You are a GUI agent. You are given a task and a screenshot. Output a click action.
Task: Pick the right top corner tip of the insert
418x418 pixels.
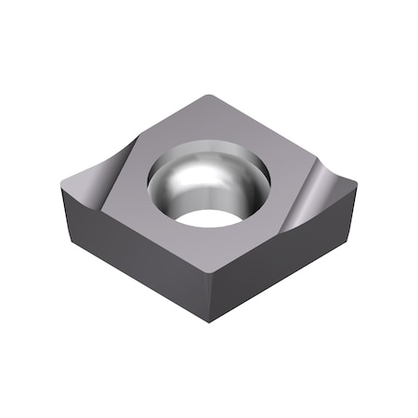pos(355,186)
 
